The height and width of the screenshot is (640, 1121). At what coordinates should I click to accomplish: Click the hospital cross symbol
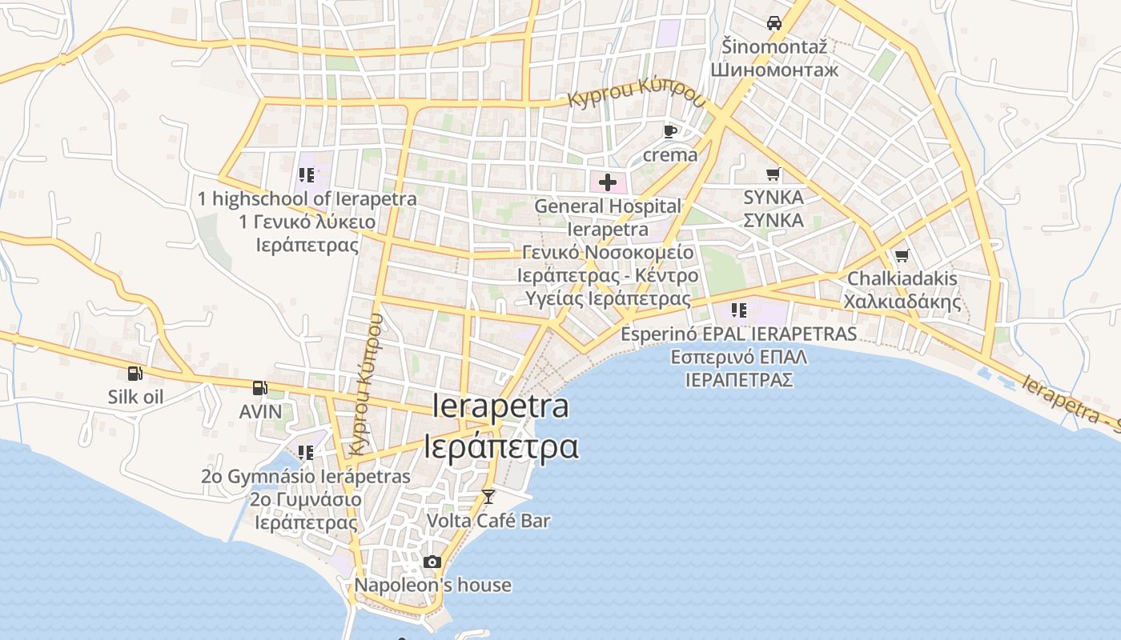coord(608,182)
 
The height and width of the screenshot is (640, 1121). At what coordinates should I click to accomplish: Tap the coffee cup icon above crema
coord(670,131)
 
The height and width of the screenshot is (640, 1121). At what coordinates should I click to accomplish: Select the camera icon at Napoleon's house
coord(432,562)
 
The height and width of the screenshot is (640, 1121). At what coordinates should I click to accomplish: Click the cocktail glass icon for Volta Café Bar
coord(488,497)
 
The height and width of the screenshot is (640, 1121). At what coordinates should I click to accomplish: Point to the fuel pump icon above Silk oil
coord(135,373)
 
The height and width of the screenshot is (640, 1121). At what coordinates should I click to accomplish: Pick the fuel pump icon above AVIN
coord(260,388)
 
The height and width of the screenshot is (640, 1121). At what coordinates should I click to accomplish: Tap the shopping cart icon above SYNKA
coord(773,174)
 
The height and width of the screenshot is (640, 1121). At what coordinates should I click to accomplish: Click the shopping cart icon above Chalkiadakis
coord(902,255)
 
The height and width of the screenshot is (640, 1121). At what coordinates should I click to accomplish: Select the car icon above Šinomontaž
coord(773,23)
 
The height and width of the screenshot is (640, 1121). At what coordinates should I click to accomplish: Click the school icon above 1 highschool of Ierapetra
coord(306,174)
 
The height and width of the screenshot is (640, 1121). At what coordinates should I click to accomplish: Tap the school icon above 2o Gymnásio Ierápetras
coord(305,453)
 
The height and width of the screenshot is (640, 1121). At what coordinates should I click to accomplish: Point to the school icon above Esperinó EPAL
coord(738,310)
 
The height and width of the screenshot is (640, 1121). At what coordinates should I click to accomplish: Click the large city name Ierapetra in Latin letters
coord(500,406)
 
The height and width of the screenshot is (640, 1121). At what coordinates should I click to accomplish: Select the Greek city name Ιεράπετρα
coord(500,446)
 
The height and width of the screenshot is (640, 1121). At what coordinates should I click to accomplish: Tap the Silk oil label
coord(135,397)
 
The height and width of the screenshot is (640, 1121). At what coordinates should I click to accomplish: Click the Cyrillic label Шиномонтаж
coord(774,70)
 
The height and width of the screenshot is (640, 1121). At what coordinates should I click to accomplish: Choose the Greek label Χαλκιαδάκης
coord(902,302)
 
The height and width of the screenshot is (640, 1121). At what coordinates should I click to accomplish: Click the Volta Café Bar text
coord(488,521)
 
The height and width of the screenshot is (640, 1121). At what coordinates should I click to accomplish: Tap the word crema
coord(670,154)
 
